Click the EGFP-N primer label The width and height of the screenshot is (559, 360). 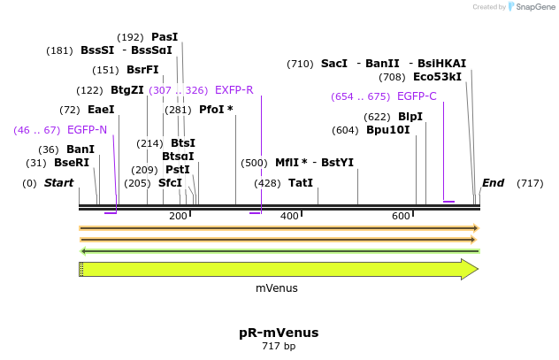click(x=87, y=130)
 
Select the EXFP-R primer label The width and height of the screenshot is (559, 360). click(x=234, y=90)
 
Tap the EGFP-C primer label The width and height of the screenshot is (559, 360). click(x=417, y=96)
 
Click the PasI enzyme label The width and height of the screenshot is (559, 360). click(x=165, y=37)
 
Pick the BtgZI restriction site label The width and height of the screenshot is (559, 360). click(x=127, y=90)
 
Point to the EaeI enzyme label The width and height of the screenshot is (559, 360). click(x=101, y=110)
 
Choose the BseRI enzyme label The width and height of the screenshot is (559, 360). click(x=72, y=163)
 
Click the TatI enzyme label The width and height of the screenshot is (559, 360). click(x=301, y=183)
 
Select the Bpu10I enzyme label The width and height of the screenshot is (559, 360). click(x=388, y=130)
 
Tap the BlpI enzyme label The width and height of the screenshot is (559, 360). click(x=410, y=117)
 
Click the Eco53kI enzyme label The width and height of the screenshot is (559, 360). click(x=437, y=77)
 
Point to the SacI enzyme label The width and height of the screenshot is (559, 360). click(x=334, y=64)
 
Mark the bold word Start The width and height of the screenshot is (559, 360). click(x=58, y=183)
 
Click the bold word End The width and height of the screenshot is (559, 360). click(x=493, y=183)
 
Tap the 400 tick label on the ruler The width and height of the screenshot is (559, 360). click(x=289, y=217)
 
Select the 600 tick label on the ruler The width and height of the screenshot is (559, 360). click(x=401, y=217)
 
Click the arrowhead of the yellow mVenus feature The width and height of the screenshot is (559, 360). click(x=470, y=270)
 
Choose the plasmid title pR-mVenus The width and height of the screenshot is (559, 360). click(x=279, y=333)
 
